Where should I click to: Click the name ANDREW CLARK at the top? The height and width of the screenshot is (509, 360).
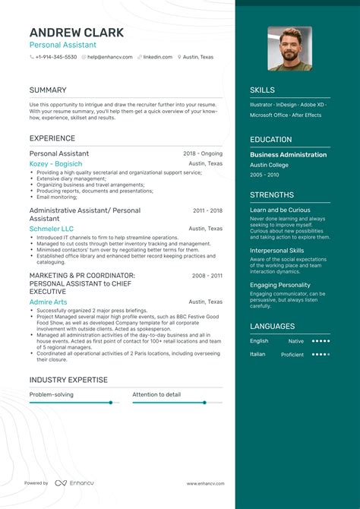tap(76, 33)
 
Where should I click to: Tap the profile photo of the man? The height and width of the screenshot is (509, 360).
tap(289, 49)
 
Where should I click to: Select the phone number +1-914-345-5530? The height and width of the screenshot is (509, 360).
tap(55, 57)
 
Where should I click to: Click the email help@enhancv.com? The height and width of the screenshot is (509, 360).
tap(110, 57)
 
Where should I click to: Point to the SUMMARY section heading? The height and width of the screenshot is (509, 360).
tap(48, 90)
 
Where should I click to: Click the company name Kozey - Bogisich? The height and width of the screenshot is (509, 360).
tap(55, 165)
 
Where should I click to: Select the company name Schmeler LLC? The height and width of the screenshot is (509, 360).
tap(52, 229)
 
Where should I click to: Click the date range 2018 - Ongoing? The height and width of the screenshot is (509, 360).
tap(203, 153)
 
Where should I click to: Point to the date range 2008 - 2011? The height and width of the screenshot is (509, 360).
tap(207, 276)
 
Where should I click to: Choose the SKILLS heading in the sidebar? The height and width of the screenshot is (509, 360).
tap(262, 90)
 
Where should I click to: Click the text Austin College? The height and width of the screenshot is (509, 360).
tap(270, 165)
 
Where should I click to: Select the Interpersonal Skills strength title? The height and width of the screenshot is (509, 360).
tap(276, 250)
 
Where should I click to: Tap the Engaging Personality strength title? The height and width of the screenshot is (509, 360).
tap(279, 285)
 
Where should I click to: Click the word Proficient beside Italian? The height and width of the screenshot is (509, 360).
tap(292, 354)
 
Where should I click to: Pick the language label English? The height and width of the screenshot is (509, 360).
tap(259, 341)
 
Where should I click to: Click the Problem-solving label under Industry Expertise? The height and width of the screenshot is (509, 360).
tap(52, 394)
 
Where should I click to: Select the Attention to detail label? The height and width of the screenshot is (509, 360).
tap(156, 394)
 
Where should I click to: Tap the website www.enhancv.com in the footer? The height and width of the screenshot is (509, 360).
tap(204, 483)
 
